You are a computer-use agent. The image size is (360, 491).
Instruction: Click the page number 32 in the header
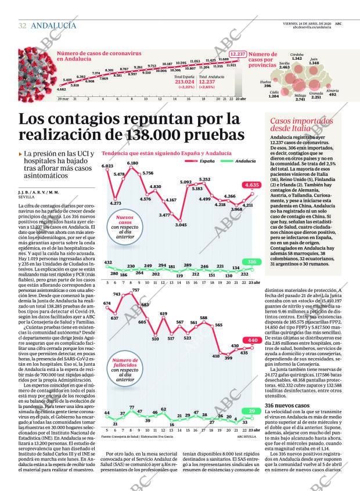tap(22, 26)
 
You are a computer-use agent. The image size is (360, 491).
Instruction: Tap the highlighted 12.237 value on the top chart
tap(237, 54)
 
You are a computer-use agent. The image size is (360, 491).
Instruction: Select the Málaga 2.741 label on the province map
tap(300, 97)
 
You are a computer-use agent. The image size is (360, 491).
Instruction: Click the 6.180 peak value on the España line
tap(132, 163)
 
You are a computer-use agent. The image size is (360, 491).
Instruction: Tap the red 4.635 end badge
tap(252, 185)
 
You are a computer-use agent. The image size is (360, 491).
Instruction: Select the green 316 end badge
tap(251, 262)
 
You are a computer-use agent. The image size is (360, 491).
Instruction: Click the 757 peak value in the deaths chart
tap(135, 290)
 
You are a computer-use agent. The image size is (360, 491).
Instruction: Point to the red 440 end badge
tap(253, 340)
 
